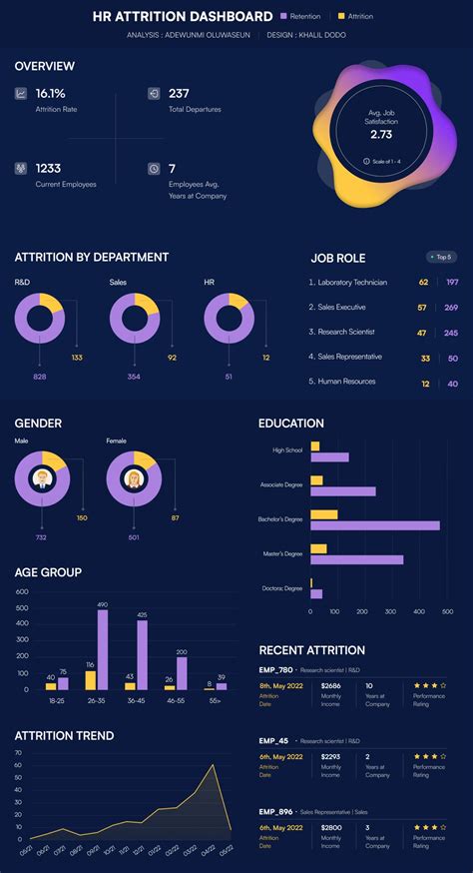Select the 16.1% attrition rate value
pyautogui.click(x=50, y=93)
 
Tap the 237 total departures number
pyautogui.click(x=180, y=93)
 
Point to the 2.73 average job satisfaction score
pyautogui.click(x=381, y=134)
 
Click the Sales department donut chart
pyautogui.click(x=134, y=319)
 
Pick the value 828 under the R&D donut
pyautogui.click(x=40, y=377)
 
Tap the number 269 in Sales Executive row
pyautogui.click(x=451, y=308)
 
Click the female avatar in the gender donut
pyautogui.click(x=133, y=479)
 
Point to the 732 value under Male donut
pyautogui.click(x=41, y=537)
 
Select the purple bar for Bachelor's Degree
pyautogui.click(x=374, y=525)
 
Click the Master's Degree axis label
pyautogui.click(x=280, y=553)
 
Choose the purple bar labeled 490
pyautogui.click(x=103, y=650)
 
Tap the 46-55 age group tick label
pyautogui.click(x=176, y=702)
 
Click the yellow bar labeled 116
pyautogui.click(x=90, y=680)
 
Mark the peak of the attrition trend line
pyautogui.click(x=213, y=765)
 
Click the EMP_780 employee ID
pyautogui.click(x=276, y=669)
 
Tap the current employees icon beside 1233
pyautogui.click(x=21, y=169)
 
